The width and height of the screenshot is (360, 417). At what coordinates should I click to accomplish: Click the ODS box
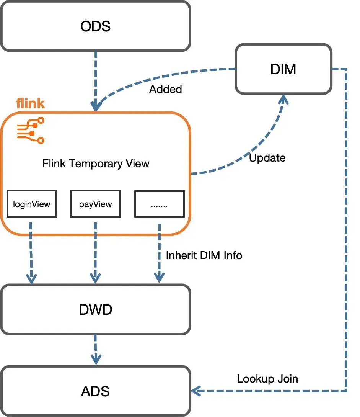click(95, 26)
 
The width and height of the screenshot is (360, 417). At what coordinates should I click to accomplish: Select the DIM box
click(283, 69)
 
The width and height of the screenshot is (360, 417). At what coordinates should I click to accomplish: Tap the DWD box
click(95, 309)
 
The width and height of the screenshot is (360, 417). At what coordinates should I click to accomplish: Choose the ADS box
click(95, 391)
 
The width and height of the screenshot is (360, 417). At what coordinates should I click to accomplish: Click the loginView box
click(32, 204)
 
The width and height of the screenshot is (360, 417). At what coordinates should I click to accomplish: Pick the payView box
click(96, 204)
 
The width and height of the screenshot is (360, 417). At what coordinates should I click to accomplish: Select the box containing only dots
click(159, 204)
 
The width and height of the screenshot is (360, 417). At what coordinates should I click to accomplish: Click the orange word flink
click(30, 103)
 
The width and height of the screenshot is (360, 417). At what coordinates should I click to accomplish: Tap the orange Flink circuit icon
click(31, 130)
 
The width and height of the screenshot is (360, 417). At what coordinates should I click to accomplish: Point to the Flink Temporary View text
click(96, 164)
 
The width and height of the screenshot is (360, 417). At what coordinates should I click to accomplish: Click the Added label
click(165, 89)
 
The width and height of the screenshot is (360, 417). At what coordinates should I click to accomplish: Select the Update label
click(267, 158)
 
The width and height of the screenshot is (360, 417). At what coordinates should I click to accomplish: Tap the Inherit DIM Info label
click(204, 255)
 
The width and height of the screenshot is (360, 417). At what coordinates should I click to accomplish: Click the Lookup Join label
click(267, 379)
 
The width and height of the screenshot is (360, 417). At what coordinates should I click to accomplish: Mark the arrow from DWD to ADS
click(96, 348)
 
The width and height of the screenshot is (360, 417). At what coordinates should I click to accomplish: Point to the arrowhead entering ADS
click(196, 391)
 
